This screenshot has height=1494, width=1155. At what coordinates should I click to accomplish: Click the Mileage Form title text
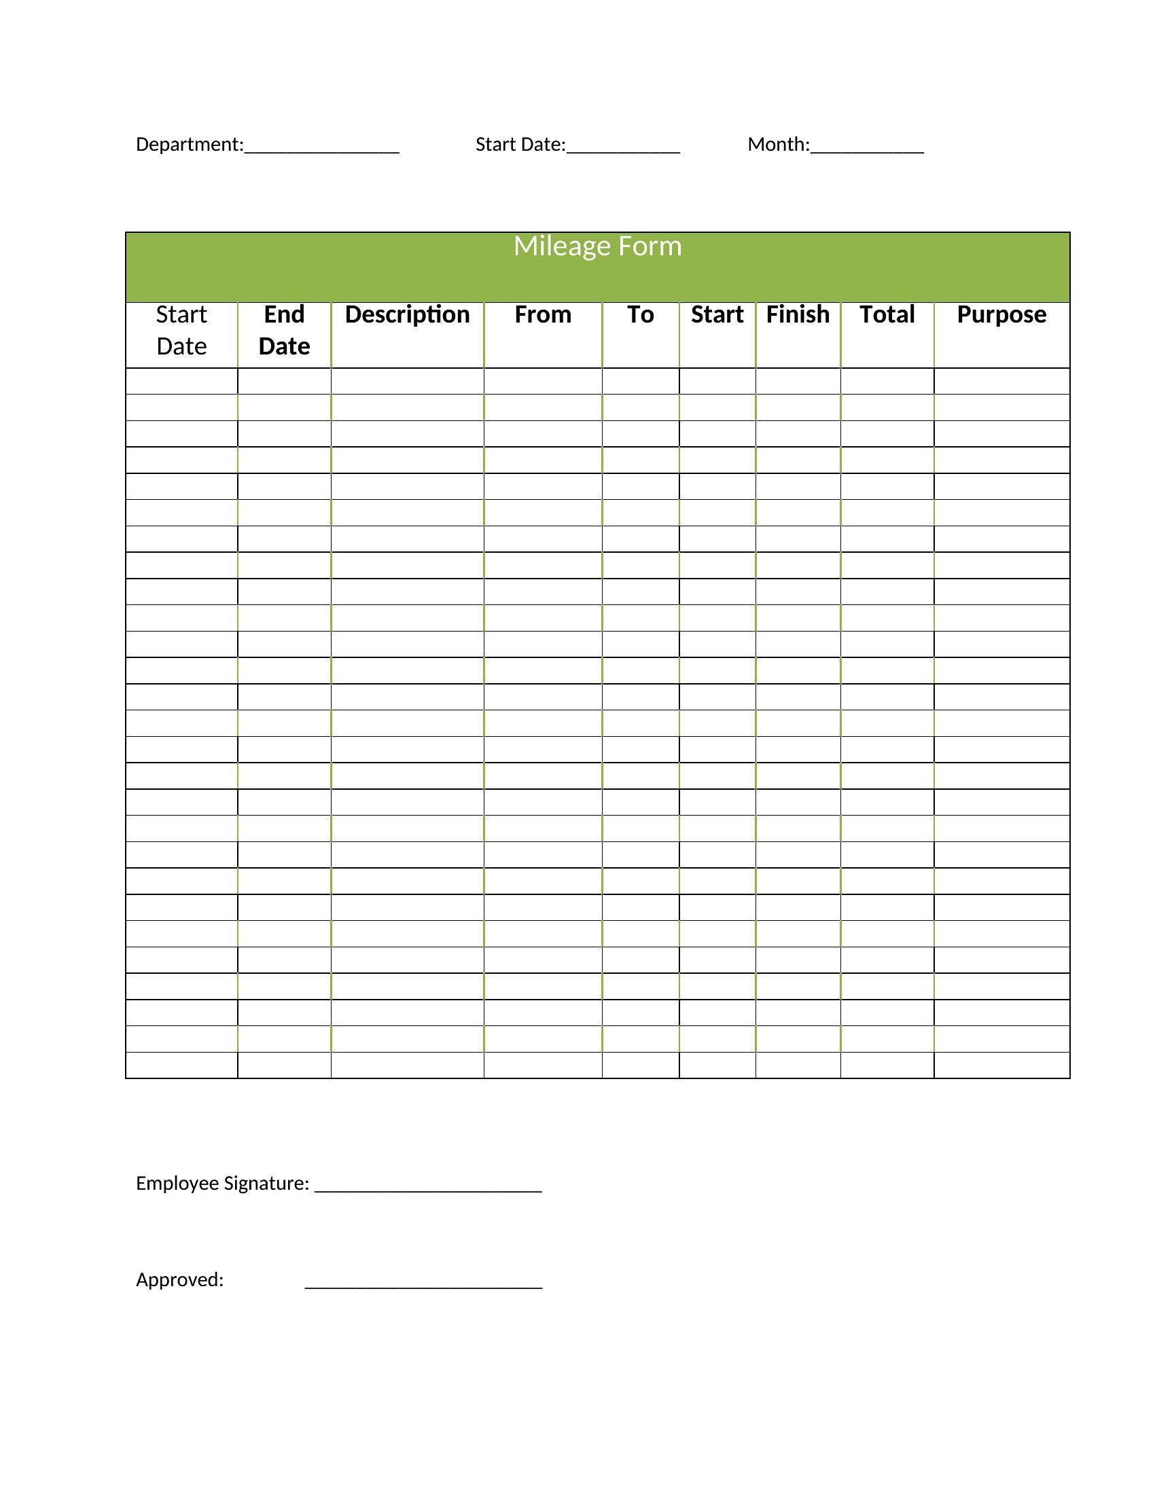(x=597, y=247)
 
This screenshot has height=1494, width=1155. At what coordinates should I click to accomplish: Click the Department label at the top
(x=189, y=145)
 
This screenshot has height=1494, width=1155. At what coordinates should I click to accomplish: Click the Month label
(x=778, y=145)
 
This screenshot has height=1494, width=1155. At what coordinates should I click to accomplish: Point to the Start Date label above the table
(x=520, y=145)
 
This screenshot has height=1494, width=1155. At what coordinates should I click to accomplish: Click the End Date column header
(x=284, y=331)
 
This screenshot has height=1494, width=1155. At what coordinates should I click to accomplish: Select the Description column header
(x=407, y=314)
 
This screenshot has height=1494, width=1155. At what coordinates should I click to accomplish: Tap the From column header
(x=543, y=314)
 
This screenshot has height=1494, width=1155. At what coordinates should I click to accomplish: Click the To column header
(x=641, y=314)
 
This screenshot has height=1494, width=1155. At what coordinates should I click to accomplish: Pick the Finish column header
(x=797, y=314)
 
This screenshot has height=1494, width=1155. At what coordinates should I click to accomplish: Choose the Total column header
(x=887, y=314)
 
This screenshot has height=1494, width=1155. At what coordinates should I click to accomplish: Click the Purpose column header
(x=1001, y=314)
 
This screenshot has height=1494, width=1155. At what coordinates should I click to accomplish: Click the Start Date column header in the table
(x=181, y=331)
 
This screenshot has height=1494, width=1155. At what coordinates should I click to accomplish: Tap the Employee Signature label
(x=222, y=1183)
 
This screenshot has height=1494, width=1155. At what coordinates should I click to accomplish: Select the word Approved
(x=179, y=1279)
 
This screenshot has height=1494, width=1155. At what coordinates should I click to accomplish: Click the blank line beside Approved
(x=423, y=1285)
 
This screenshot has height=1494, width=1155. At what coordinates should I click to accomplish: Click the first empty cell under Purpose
(x=1001, y=381)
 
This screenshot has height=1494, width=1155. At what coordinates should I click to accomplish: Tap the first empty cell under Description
(x=407, y=381)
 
